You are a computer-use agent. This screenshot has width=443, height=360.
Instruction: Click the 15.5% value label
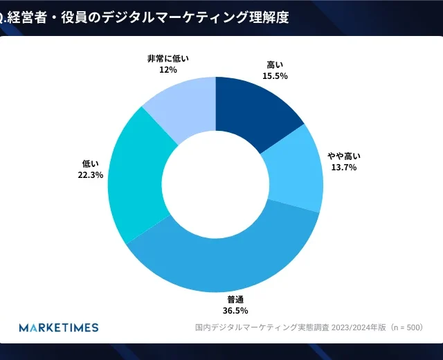tap(275, 75)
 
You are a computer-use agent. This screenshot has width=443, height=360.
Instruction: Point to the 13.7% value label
tap(344, 168)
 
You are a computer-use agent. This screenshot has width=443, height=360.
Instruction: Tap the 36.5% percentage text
tap(235, 310)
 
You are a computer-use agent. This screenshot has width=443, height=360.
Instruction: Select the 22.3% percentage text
tap(91, 175)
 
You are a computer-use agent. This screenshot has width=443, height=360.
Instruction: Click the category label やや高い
tap(344, 156)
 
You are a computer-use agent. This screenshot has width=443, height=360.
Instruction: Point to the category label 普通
tap(235, 300)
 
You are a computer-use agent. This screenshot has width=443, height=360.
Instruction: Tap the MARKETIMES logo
tap(59, 327)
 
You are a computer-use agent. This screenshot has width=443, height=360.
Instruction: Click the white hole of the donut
tap(215, 184)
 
